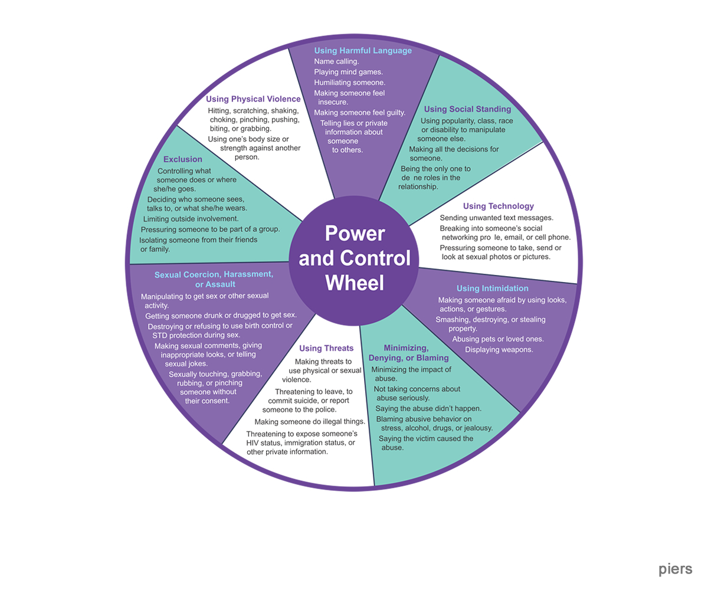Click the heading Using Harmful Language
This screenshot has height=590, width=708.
pos(363,51)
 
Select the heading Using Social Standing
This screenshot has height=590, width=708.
pos(467,109)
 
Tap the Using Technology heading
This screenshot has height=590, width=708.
pos(499,206)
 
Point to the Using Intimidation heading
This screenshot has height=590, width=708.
pos(493,289)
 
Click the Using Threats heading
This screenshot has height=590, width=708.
pos(326,348)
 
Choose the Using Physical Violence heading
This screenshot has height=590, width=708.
pos(253,99)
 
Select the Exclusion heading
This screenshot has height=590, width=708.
pos(183,159)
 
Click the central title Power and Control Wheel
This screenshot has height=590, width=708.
pos(355,258)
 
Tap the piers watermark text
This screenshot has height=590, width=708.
pos(676,569)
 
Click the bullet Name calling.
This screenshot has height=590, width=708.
pos(336,61)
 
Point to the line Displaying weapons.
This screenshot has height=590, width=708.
pos(499,349)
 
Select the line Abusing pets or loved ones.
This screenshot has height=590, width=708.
pos(498,339)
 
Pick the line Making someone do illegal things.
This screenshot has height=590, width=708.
pos(310,421)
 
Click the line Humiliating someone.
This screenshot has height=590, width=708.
pos(349,83)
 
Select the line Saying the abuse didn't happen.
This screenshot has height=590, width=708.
pos(428,408)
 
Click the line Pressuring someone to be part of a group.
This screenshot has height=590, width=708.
pos(210,229)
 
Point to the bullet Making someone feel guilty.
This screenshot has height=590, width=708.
pos(360,113)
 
